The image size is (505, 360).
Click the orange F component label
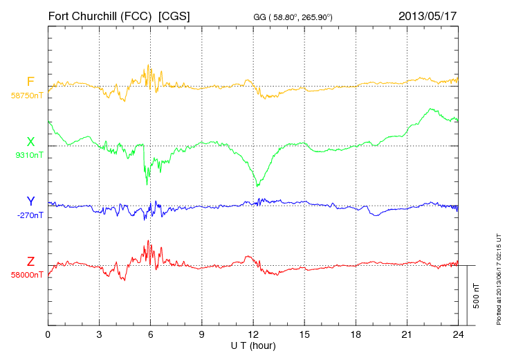[30, 82]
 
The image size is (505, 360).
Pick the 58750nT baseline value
[26, 95]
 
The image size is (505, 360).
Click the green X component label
[30, 142]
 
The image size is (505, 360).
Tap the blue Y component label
[30, 201]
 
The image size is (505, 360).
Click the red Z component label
[30, 261]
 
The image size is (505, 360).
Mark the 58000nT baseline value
[26, 274]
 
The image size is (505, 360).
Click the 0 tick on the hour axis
[48, 334]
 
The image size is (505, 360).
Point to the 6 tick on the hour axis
[151, 334]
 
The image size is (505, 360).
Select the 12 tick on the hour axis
[253, 334]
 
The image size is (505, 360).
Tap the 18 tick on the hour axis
[356, 334]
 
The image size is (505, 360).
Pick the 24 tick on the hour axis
[458, 334]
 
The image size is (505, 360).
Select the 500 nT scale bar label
[477, 296]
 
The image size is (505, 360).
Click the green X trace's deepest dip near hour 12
[257, 185]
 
